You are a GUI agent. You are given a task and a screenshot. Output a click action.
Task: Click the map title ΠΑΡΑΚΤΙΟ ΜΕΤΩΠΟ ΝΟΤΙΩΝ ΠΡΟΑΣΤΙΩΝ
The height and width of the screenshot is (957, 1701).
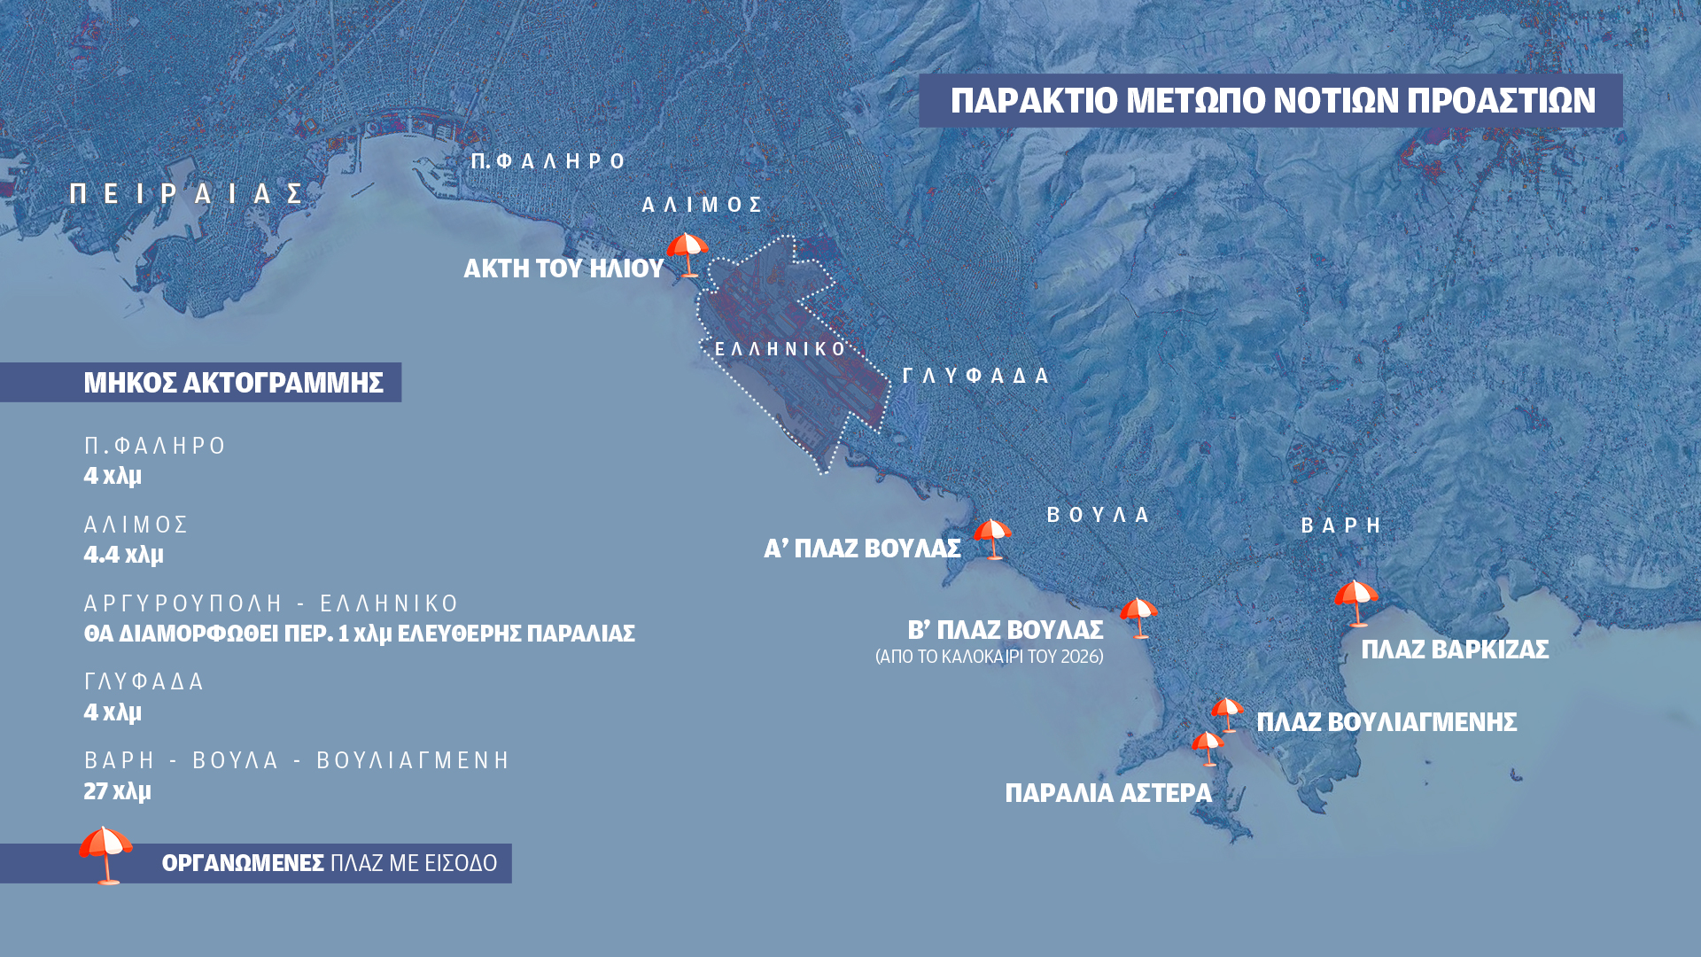[x=1272, y=101]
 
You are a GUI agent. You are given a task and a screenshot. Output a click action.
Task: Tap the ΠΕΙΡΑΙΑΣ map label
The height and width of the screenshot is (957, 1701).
[x=188, y=194]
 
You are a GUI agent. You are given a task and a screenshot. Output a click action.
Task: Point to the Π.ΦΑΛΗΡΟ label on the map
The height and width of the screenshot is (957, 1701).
[x=548, y=161]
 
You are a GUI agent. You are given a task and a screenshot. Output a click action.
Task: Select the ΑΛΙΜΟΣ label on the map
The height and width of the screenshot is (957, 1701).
[x=703, y=206]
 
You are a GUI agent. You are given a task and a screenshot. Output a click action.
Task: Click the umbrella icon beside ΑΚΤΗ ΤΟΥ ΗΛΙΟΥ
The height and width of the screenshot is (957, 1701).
[x=687, y=254]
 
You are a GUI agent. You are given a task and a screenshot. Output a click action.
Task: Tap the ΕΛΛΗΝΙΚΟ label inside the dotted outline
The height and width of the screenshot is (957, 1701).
[x=781, y=349]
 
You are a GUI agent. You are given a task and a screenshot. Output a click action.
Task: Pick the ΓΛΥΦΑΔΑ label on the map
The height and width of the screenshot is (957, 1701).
[x=975, y=376]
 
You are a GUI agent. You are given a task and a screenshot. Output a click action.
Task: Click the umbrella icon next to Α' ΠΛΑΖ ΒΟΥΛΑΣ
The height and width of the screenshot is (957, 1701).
[x=992, y=538]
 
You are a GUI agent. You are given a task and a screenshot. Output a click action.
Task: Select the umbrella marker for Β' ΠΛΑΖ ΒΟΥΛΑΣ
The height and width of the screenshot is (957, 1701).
[x=1138, y=617]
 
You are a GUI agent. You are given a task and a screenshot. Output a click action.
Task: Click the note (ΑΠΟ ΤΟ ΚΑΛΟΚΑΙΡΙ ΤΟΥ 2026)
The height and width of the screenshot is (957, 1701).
[x=989, y=657]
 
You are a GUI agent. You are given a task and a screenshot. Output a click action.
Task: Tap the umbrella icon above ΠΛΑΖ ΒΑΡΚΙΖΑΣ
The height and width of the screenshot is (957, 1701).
[x=1356, y=603]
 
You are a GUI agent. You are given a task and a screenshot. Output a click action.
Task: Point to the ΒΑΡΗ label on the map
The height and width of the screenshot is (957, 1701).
[x=1341, y=525]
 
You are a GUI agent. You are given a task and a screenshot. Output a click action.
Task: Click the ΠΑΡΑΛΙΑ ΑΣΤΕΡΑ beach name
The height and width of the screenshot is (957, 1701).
[x=1107, y=793]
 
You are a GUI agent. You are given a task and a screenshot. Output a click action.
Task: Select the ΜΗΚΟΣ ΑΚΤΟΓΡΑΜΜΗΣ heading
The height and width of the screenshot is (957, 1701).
[x=233, y=383]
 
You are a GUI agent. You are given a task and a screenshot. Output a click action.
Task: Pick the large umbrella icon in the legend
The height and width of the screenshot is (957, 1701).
[x=106, y=853]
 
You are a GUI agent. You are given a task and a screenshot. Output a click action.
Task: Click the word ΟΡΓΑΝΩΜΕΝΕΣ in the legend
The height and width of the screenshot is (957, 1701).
[x=243, y=863]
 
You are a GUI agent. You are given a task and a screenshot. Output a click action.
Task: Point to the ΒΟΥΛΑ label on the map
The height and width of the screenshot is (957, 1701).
[x=1099, y=515]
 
